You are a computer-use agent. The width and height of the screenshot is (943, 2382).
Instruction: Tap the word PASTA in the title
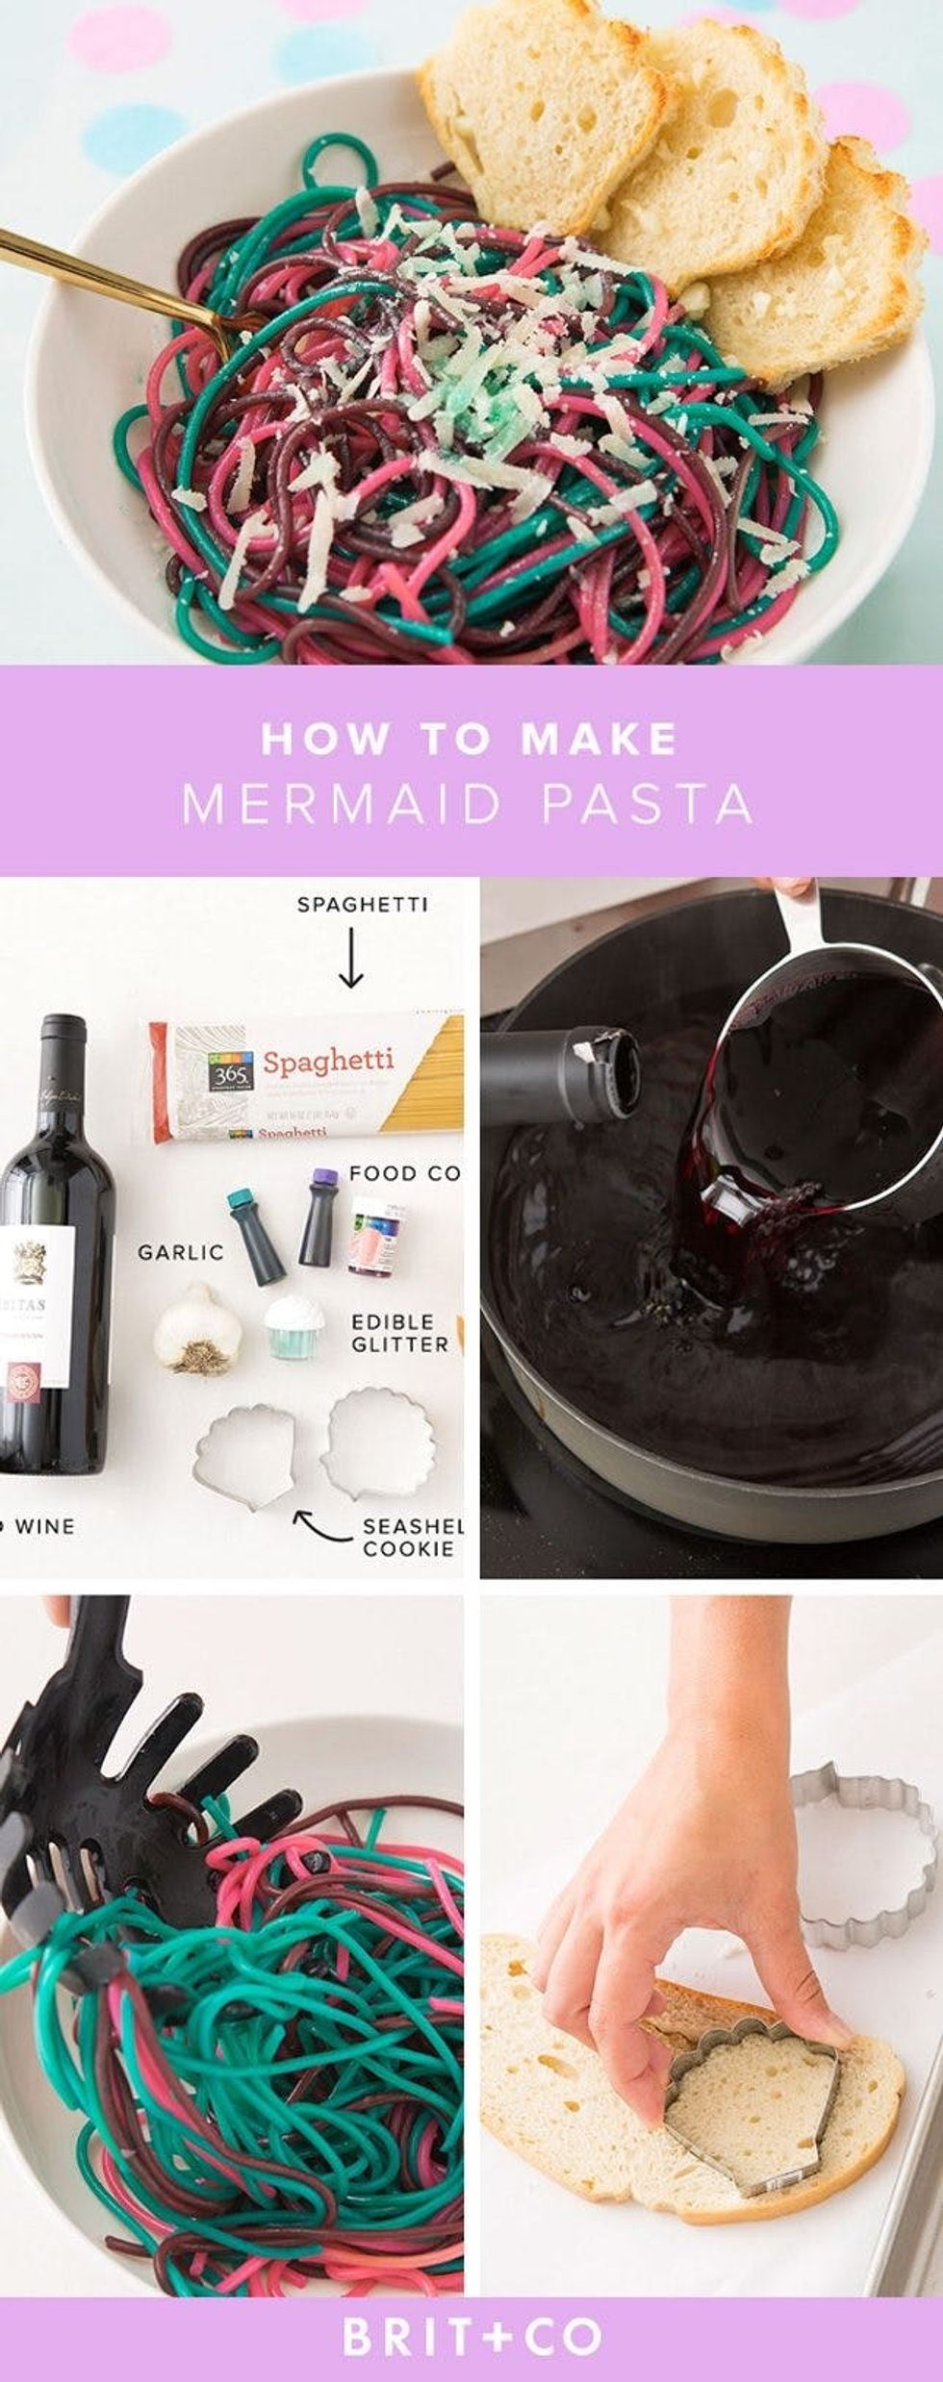coord(647,805)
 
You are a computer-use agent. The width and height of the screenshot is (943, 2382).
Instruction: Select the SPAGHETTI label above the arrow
coord(362,905)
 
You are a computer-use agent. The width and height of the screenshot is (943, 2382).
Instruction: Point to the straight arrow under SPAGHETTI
coord(351,957)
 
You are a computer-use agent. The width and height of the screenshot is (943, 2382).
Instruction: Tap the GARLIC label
coord(180,1252)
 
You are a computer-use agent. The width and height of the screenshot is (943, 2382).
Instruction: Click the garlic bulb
coord(198,1328)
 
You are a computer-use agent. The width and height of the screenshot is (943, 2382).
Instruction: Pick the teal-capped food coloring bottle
coord(255,1236)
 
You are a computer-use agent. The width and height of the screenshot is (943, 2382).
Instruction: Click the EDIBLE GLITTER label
coord(398,1333)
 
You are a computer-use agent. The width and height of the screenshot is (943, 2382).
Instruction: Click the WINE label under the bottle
coord(42,1526)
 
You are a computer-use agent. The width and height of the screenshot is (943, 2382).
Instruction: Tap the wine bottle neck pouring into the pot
coord(558,1074)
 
